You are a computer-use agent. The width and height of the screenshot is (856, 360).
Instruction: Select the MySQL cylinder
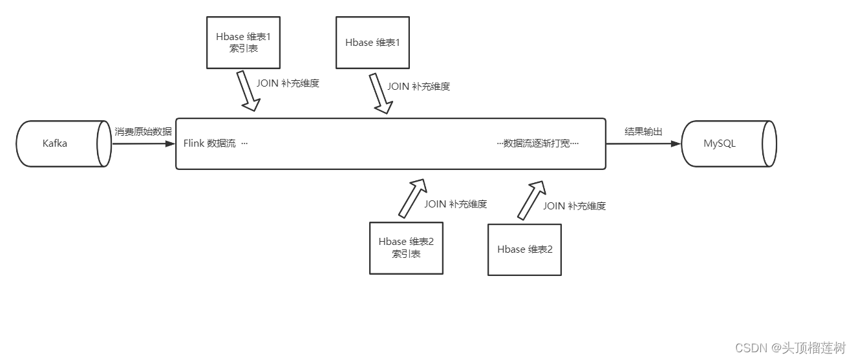click(728, 143)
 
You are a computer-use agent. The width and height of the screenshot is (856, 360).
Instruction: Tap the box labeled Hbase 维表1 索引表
click(243, 43)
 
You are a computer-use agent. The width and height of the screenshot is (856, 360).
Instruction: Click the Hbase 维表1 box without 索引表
click(372, 43)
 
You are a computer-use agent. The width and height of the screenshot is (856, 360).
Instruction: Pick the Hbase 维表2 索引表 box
click(406, 248)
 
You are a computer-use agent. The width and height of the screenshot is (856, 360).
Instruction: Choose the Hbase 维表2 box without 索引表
click(524, 249)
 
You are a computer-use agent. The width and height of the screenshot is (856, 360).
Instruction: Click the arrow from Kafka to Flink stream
click(144, 143)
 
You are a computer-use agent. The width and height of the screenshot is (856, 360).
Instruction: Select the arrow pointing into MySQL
click(643, 143)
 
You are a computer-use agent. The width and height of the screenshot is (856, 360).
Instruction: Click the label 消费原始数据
click(144, 131)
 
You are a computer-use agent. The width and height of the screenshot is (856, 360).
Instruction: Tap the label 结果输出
click(643, 131)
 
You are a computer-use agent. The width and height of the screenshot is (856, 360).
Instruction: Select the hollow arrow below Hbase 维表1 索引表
click(248, 90)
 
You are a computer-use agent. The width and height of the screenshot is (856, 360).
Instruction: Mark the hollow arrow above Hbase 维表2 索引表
click(412, 198)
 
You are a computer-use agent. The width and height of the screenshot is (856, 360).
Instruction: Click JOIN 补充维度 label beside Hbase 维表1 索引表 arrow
click(288, 83)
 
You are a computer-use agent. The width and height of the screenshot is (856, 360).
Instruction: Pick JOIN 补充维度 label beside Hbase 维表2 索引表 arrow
click(455, 204)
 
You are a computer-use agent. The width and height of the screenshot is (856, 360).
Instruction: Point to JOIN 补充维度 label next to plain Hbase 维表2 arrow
click(574, 206)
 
